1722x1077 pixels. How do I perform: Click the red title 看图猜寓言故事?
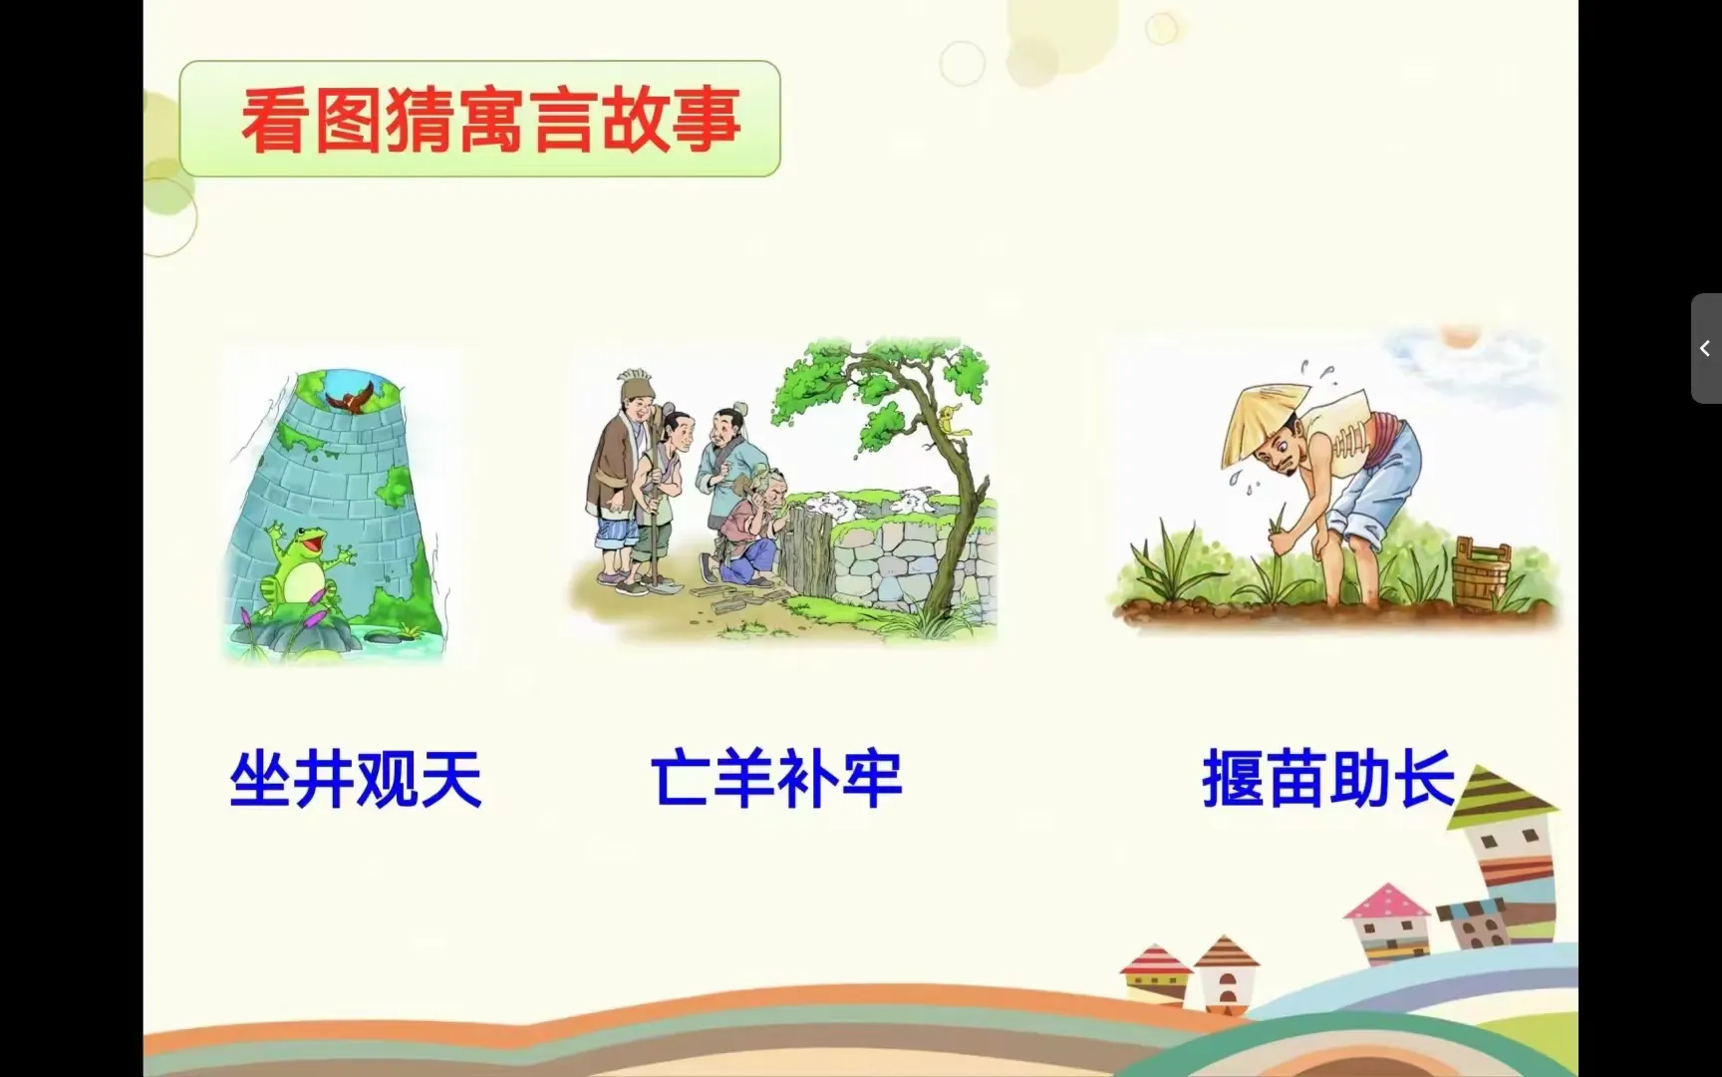click(x=490, y=120)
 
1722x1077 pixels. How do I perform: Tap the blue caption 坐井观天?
click(x=356, y=779)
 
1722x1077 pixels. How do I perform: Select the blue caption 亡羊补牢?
click(x=776, y=779)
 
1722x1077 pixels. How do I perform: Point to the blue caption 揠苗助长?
click(x=1328, y=779)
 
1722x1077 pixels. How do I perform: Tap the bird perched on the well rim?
click(x=350, y=398)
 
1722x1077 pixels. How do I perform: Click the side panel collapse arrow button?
click(x=1706, y=348)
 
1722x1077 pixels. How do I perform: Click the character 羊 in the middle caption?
click(x=743, y=779)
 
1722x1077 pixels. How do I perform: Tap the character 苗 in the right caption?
click(x=1295, y=779)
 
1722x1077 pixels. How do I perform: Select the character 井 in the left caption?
click(x=324, y=779)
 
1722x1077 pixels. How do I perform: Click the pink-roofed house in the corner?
click(x=1387, y=922)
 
